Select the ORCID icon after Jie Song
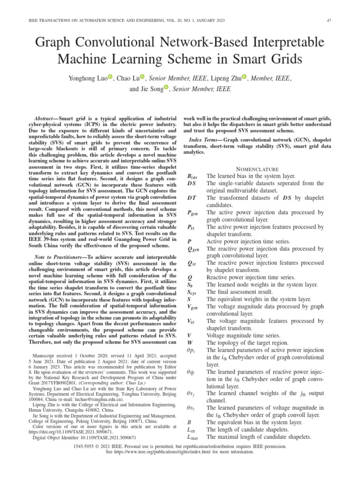(165, 89)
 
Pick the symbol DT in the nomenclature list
(191, 198)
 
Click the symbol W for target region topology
(190, 342)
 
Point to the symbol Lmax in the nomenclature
(193, 437)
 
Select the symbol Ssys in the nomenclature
(192, 292)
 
